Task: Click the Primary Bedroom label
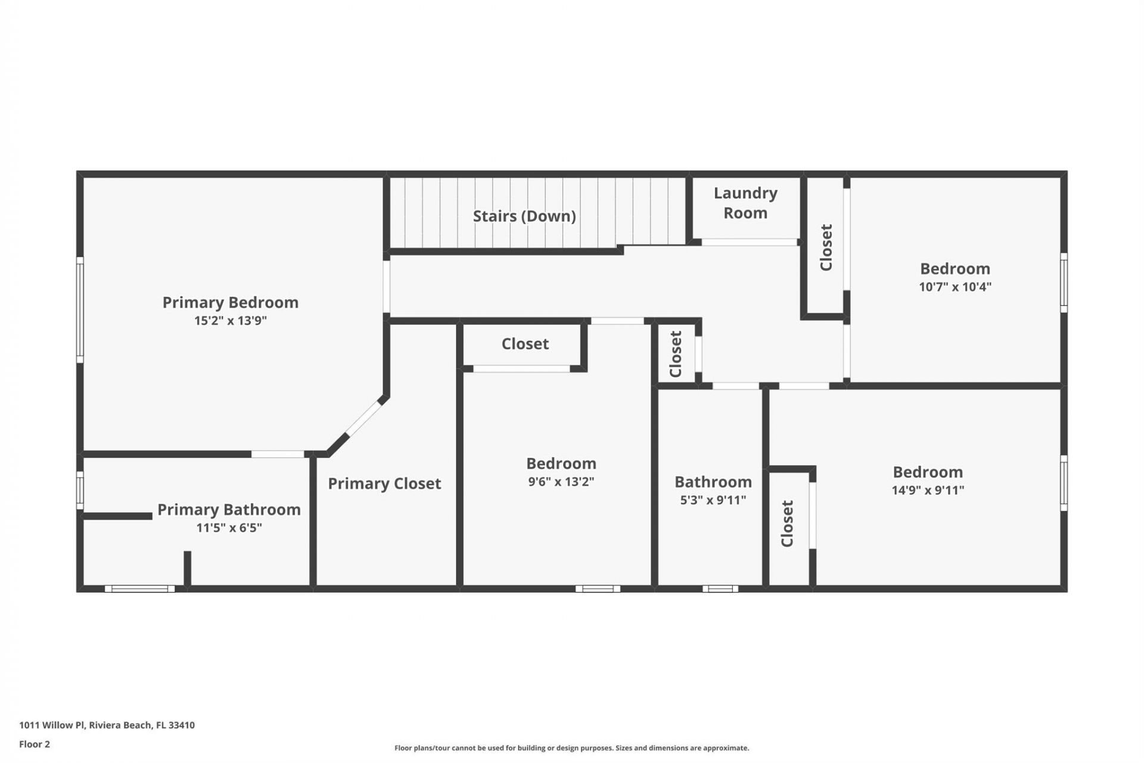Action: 230,302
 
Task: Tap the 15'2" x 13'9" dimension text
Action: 230,321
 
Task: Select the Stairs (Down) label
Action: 524,216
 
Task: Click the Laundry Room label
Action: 745,203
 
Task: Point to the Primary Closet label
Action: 384,483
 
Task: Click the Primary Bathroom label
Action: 229,510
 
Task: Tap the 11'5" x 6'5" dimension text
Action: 229,528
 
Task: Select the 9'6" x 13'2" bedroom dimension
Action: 561,482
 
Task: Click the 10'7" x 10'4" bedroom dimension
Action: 955,287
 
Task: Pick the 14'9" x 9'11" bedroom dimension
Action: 928,490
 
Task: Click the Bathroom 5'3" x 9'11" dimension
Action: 713,500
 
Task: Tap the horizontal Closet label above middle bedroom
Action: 525,344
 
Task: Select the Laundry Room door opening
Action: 749,242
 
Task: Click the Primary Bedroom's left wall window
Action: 80,309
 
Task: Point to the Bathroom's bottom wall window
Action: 720,589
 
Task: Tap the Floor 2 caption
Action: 35,744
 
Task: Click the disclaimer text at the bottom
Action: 571,748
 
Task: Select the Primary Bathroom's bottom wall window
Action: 140,589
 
